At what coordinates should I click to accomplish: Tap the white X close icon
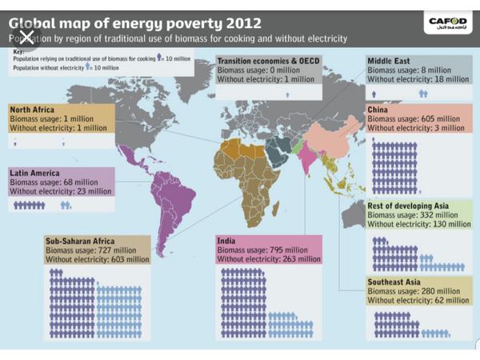click(x=26, y=37)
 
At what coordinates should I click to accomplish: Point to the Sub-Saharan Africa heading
click(x=80, y=241)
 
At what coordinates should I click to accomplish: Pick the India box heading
click(x=232, y=240)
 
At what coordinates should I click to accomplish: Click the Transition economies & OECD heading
click(x=272, y=61)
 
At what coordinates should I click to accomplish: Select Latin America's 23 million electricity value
click(x=94, y=190)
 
